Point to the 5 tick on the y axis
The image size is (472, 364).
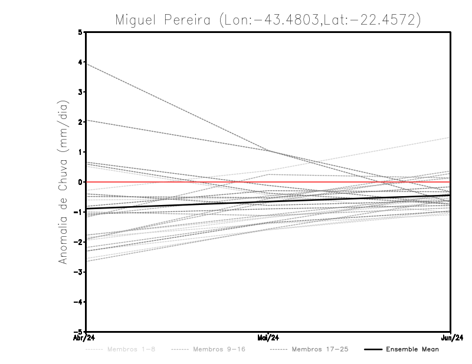[x=80, y=32]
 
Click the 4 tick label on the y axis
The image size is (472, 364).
[x=80, y=62]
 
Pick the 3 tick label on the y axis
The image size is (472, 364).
[x=80, y=92]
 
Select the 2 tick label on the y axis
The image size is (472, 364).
[x=80, y=122]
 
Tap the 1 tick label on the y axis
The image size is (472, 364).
[x=80, y=152]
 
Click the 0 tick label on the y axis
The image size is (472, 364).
[x=80, y=182]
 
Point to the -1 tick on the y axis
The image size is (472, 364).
[x=79, y=212]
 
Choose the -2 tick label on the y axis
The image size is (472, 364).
[x=79, y=241]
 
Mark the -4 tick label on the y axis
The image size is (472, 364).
[x=79, y=302]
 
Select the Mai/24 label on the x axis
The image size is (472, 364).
[x=268, y=337]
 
